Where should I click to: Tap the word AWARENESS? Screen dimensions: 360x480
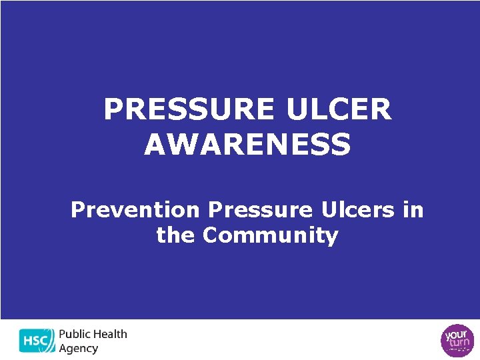pyautogui.click(x=247, y=145)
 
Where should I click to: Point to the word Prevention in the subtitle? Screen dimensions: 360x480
pyautogui.click(x=135, y=210)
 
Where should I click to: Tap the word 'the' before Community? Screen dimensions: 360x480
pyautogui.click(x=176, y=235)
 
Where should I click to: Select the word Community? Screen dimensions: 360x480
pyautogui.click(x=271, y=235)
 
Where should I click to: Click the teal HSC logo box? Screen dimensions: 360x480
pyautogui.click(x=37, y=340)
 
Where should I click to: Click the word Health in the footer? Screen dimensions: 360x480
pyautogui.click(x=108, y=334)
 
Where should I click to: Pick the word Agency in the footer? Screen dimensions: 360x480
pyautogui.click(x=79, y=349)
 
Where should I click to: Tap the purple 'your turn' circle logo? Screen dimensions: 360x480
pyautogui.click(x=459, y=339)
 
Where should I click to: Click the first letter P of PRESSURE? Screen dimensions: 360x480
pyautogui.click(x=113, y=110)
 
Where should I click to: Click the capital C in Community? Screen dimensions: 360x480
pyautogui.click(x=211, y=235)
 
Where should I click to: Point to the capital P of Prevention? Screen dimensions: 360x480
pyautogui.click(x=78, y=210)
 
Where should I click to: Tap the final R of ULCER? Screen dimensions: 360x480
pyautogui.click(x=381, y=110)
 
